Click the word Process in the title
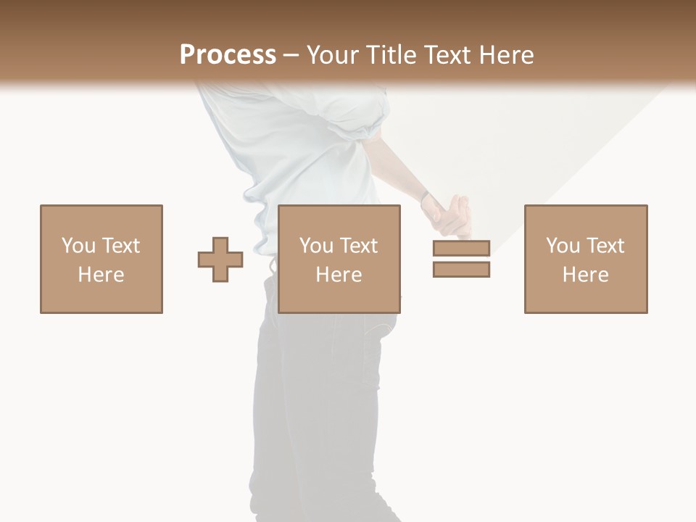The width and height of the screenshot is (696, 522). point(228,55)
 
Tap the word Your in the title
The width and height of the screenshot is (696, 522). point(333,55)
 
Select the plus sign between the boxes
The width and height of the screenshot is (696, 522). point(220,260)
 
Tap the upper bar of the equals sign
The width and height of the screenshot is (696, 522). point(461,248)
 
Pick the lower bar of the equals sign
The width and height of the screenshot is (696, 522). point(461,270)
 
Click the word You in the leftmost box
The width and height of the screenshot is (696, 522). point(78,246)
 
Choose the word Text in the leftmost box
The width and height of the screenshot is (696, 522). point(120,246)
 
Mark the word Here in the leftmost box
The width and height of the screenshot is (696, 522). point(101,275)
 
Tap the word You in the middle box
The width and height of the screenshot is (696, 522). point(316,246)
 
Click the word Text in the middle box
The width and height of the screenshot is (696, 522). point(358,246)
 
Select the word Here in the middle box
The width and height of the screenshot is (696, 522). point(339,275)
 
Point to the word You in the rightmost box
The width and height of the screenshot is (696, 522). point(563,246)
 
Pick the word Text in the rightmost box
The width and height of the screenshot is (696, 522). point(605,246)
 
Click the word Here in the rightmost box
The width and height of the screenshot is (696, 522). point(585,275)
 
